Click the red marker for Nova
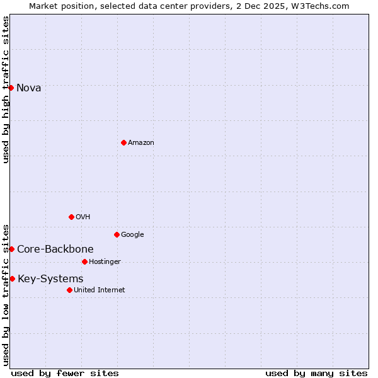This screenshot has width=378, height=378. click(x=11, y=88)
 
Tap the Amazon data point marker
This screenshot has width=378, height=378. click(x=123, y=142)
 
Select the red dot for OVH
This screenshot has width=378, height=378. click(x=71, y=217)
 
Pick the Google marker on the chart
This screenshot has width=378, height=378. click(x=117, y=234)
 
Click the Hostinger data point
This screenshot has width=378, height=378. click(x=84, y=261)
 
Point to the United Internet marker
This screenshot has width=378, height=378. click(x=69, y=290)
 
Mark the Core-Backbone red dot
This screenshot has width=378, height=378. click(x=11, y=249)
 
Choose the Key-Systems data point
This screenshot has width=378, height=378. click(x=12, y=278)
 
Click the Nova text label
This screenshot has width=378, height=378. click(x=29, y=88)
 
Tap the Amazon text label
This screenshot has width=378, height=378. click(x=141, y=142)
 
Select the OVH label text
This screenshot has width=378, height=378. click(x=83, y=217)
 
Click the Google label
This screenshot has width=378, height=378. click(x=132, y=234)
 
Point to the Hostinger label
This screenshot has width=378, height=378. click(x=105, y=261)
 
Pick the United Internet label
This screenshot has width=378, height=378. click(x=100, y=290)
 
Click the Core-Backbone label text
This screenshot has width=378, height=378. click(x=55, y=249)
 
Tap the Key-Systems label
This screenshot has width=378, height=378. click(x=50, y=278)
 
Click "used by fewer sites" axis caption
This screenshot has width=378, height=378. click(x=65, y=373)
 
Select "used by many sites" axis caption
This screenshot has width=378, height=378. click(x=316, y=373)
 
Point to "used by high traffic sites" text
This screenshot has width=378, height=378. click(x=6, y=89)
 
